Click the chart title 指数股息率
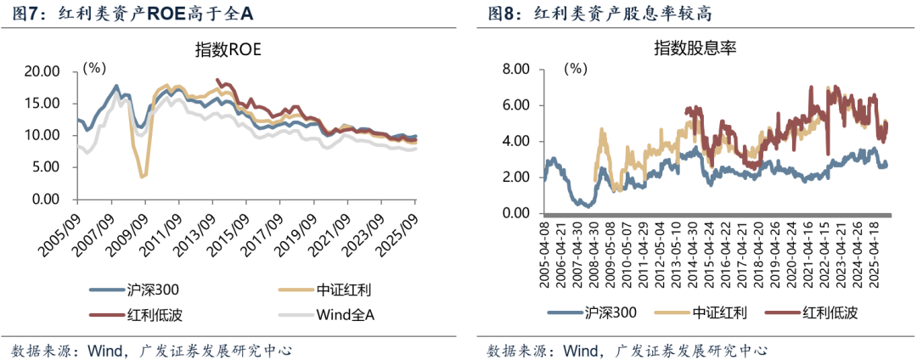(694, 48)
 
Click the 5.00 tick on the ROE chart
(43, 167)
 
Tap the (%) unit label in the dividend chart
(577, 67)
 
